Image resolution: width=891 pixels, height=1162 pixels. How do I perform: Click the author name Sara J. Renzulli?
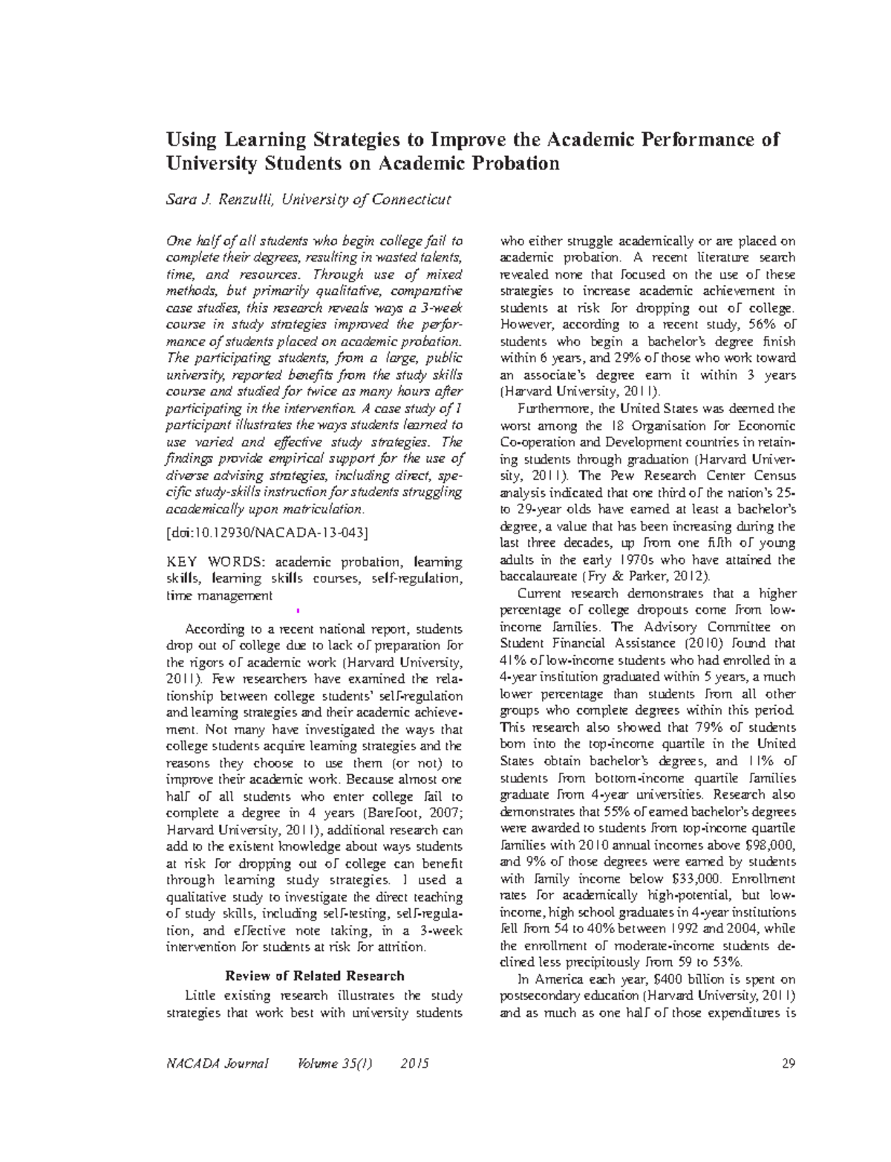pyautogui.click(x=212, y=200)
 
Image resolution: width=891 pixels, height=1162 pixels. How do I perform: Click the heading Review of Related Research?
pyautogui.click(x=314, y=976)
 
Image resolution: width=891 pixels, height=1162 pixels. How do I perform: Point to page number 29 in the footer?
pyautogui.click(x=789, y=1064)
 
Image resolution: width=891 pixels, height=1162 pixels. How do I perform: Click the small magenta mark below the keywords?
pyautogui.click(x=297, y=611)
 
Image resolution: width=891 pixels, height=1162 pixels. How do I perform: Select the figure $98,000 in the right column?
pyautogui.click(x=769, y=845)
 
